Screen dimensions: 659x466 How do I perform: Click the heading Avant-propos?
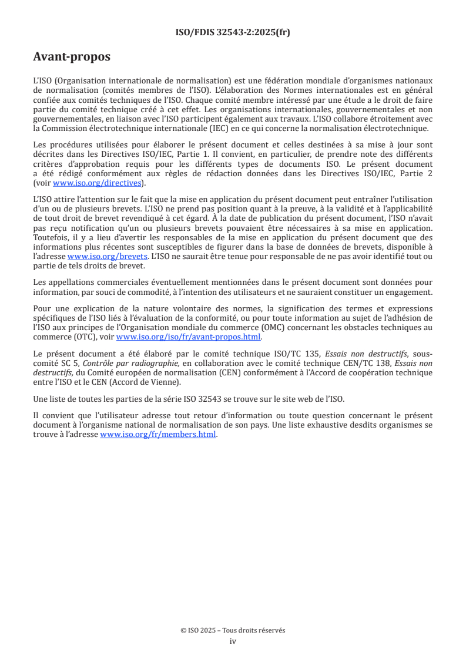coord(72,57)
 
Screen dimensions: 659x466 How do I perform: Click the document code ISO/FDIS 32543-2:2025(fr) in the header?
coord(233,32)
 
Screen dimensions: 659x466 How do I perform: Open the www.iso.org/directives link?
coord(98,183)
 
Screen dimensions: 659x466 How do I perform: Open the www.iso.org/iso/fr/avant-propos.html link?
coord(189,337)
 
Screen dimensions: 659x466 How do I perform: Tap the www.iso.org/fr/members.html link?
coord(158,435)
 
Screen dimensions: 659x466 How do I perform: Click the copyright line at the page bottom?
coord(233,630)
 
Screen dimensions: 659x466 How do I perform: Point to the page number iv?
coord(233,641)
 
